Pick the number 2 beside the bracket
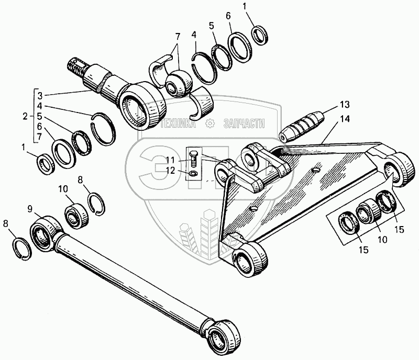click(x=24, y=115)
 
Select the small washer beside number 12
click(x=194, y=173)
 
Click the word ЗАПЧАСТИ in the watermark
click(x=244, y=124)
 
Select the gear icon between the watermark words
click(x=210, y=124)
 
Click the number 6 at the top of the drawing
click(x=228, y=16)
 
